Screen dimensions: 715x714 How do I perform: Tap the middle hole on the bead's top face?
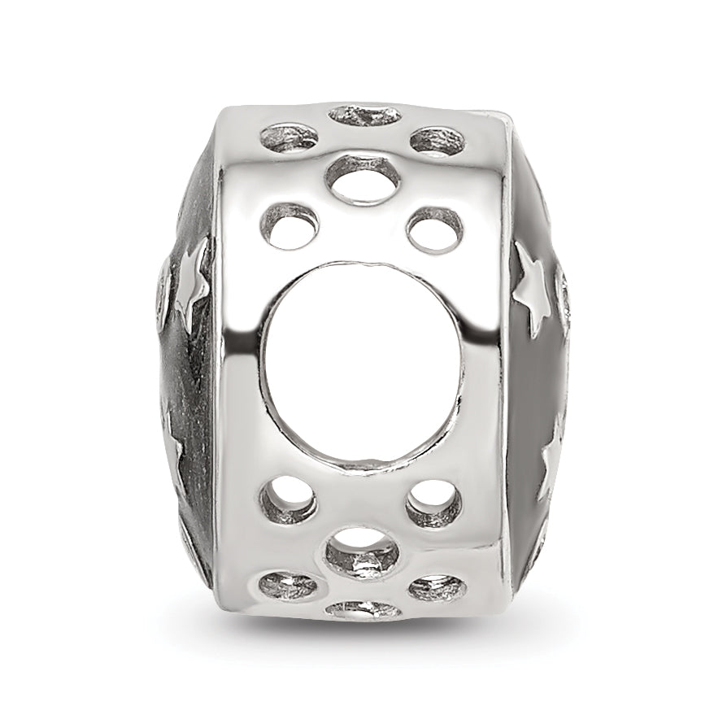(364, 116)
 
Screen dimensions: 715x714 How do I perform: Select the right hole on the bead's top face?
(438, 141)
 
